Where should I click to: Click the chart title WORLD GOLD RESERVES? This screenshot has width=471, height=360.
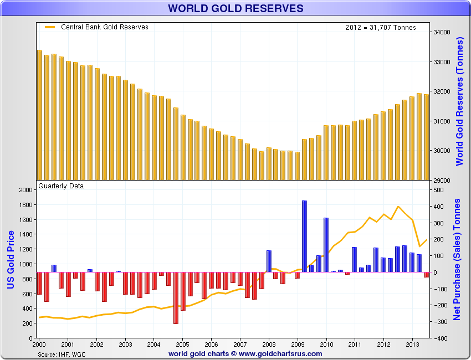point(235,8)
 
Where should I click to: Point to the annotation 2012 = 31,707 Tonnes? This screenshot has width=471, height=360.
point(380,28)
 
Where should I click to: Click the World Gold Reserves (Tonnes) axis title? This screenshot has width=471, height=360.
point(459,102)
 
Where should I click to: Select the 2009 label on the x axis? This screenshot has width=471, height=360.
point(298,344)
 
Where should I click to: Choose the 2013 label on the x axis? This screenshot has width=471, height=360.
point(413,344)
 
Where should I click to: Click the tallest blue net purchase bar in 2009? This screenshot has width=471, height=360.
point(304,236)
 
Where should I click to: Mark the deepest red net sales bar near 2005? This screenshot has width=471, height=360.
point(176,297)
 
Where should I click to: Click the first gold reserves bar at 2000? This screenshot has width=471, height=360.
point(39,115)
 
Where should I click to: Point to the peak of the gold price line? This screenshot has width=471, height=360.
point(398,207)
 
